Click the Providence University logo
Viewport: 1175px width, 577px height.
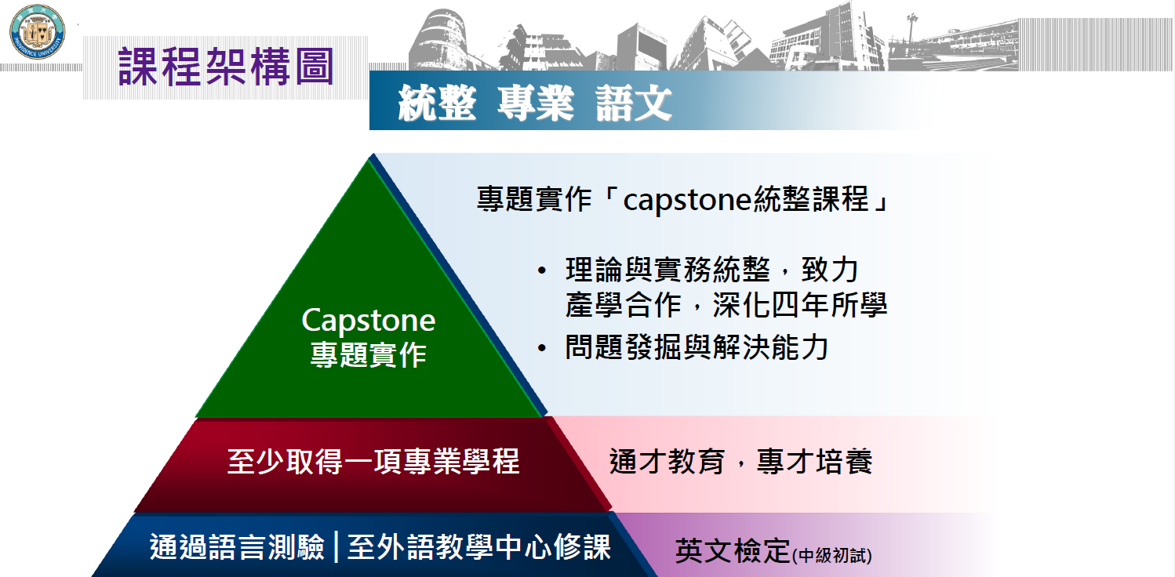click(37, 32)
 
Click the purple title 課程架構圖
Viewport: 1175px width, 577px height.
click(226, 67)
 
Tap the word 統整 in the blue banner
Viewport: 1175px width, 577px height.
click(437, 103)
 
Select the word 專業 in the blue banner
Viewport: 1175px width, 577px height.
click(536, 103)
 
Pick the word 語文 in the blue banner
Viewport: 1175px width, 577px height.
click(634, 103)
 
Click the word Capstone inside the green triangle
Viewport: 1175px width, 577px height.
click(368, 320)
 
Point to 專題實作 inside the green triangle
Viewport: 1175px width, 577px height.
click(368, 355)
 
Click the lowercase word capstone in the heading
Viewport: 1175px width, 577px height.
click(687, 200)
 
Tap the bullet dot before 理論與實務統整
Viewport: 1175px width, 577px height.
click(542, 271)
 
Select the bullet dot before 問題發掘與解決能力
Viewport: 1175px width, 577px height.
click(542, 348)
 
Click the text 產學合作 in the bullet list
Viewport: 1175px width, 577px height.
click(623, 305)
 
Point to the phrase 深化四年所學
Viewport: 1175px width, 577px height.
click(800, 305)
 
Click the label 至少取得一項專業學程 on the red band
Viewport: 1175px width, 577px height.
click(373, 462)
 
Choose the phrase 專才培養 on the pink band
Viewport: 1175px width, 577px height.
click(815, 462)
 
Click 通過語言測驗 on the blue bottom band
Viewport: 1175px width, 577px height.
click(237, 547)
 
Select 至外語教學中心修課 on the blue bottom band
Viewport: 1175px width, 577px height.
click(479, 547)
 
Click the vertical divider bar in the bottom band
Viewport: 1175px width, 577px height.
click(336, 547)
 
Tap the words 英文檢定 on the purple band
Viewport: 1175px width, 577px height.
click(733, 551)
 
